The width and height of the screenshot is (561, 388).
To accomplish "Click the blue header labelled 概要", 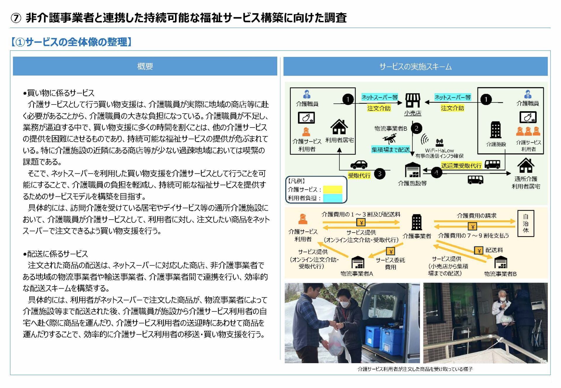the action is (x=145, y=66).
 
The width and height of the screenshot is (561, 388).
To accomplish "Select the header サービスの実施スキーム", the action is (x=415, y=67).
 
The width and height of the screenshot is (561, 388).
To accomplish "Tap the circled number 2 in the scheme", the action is (x=416, y=128).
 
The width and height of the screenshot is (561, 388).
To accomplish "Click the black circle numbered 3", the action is (x=380, y=174).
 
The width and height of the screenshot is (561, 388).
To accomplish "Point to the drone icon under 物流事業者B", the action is (x=390, y=139).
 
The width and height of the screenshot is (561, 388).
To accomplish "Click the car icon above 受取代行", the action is (x=359, y=164).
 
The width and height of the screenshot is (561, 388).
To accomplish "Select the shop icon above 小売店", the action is (x=413, y=100).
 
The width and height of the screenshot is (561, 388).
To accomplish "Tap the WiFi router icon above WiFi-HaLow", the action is (x=439, y=142).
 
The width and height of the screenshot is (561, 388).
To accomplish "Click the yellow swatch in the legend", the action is (x=333, y=189).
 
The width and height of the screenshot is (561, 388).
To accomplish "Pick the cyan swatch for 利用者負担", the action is (x=333, y=198).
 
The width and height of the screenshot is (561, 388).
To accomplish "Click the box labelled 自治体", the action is (x=525, y=223).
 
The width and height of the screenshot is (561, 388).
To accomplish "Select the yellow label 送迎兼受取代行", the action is (x=461, y=166).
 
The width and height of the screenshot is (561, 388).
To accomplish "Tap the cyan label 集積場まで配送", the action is (x=390, y=149).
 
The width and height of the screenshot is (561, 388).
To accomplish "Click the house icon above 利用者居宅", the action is (x=339, y=127).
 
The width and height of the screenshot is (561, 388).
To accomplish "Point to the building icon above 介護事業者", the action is (x=416, y=222).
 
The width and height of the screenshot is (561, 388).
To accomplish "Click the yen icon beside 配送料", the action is (x=478, y=250).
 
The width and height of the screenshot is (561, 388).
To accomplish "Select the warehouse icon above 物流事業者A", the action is (x=358, y=262).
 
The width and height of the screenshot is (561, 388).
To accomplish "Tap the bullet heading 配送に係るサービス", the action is (x=56, y=254).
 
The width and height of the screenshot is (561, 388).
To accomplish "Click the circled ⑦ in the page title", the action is (x=16, y=18).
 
